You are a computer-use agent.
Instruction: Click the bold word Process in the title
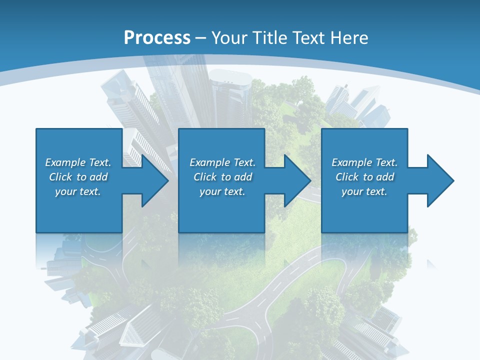(x=157, y=37)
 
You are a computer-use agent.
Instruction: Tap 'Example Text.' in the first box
(x=78, y=162)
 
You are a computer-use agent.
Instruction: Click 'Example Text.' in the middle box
(x=222, y=162)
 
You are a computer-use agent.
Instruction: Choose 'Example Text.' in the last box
(x=364, y=162)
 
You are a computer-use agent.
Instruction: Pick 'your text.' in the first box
(x=78, y=191)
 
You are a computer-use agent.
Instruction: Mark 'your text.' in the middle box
(x=222, y=191)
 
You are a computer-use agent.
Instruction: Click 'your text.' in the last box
(x=364, y=191)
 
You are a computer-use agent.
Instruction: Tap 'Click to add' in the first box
(x=78, y=177)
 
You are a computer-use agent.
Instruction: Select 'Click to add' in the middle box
(x=222, y=177)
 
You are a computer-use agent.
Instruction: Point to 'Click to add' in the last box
(x=364, y=177)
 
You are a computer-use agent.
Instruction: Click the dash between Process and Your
(x=201, y=38)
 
